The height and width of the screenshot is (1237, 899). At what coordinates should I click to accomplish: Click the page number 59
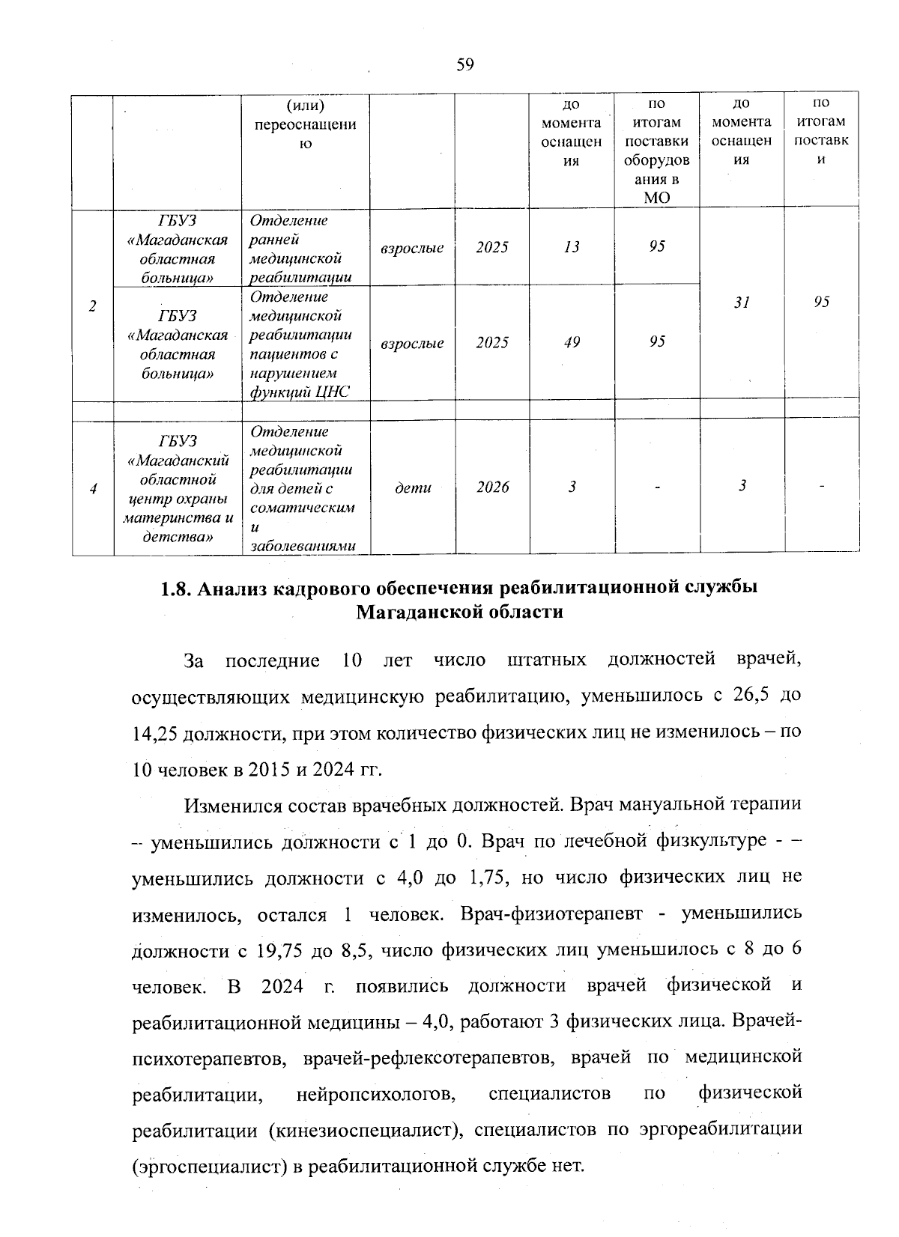pyautogui.click(x=464, y=65)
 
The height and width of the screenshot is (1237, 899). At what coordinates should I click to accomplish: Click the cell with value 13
pyautogui.click(x=572, y=247)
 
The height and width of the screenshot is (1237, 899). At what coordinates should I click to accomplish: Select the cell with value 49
pyautogui.click(x=572, y=342)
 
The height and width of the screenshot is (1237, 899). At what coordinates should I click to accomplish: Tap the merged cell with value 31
pyautogui.click(x=742, y=302)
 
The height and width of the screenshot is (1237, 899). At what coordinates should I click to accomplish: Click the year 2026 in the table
pyautogui.click(x=492, y=487)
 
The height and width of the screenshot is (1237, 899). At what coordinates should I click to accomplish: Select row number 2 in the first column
pyautogui.click(x=93, y=306)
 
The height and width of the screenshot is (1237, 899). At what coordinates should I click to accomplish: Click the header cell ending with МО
pyautogui.click(x=656, y=151)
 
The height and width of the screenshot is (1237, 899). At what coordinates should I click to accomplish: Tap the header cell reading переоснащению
pyautogui.click(x=305, y=124)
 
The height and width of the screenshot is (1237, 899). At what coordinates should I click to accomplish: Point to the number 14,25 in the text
pyautogui.click(x=154, y=732)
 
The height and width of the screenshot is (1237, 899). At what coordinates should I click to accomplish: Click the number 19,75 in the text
pyautogui.click(x=280, y=950)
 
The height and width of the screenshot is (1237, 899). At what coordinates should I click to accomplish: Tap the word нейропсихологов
pyautogui.click(x=376, y=1093)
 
